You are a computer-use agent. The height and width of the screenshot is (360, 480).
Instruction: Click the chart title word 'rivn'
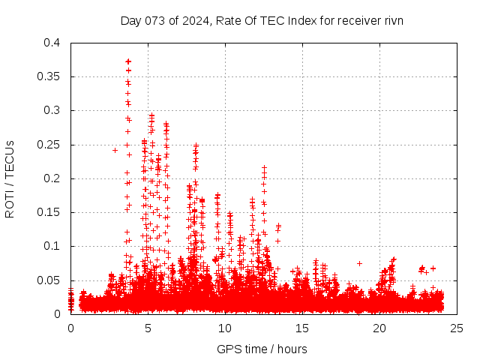point(391,21)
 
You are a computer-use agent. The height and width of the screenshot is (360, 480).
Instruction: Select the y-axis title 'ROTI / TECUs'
point(10,178)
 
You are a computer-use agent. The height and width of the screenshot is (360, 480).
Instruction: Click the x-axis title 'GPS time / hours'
point(262,349)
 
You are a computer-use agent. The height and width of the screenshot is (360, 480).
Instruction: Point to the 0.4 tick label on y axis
point(51,43)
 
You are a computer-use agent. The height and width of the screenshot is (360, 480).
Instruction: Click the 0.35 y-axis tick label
point(48,76)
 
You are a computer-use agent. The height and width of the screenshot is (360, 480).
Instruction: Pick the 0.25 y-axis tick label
point(48,144)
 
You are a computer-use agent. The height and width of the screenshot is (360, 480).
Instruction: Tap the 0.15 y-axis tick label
point(48,212)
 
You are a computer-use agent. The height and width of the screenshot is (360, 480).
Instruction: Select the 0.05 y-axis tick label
point(48,280)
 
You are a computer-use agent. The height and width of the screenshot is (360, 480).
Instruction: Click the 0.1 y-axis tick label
point(51,246)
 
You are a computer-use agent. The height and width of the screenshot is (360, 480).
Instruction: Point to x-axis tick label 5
point(148,328)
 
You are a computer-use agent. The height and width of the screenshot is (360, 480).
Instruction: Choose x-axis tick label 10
point(225,328)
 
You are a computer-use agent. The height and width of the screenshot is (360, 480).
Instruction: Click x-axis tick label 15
point(302,328)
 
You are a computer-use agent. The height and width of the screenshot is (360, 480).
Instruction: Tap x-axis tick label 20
point(379,328)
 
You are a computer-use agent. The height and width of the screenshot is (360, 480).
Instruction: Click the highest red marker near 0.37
point(128,61)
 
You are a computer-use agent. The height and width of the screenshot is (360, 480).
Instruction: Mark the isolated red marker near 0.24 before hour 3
point(115,150)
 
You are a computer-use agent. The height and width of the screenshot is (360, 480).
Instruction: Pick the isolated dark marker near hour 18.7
point(359,263)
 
